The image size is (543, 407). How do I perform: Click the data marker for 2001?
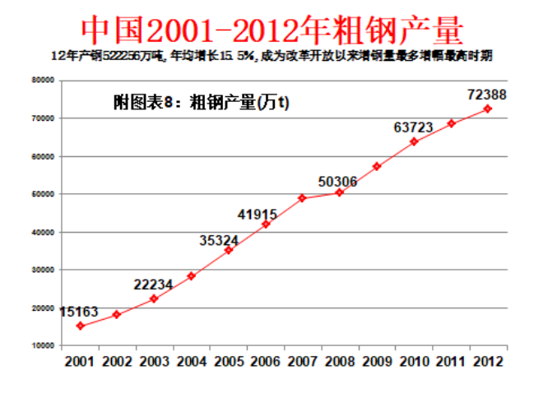(x=80, y=326)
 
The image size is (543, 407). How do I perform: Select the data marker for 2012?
(x=488, y=109)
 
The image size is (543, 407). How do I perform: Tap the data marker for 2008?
(x=339, y=192)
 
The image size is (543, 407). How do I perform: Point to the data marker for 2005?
(x=228, y=249)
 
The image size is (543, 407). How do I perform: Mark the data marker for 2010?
(x=414, y=141)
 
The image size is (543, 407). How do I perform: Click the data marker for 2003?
(x=154, y=298)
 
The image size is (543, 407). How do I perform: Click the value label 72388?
(x=486, y=95)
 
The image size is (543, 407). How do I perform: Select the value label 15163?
(x=79, y=312)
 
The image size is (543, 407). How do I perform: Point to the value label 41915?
(x=258, y=215)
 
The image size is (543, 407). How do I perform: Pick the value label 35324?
(x=220, y=240)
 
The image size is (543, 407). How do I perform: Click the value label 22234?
(x=153, y=284)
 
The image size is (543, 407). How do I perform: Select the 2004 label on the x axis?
(x=191, y=360)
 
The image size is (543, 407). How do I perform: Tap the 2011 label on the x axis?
(x=451, y=360)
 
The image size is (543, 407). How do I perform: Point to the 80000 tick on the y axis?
(x=43, y=81)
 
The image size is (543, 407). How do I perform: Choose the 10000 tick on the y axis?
(x=43, y=345)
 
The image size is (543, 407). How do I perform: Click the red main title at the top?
(x=272, y=30)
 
